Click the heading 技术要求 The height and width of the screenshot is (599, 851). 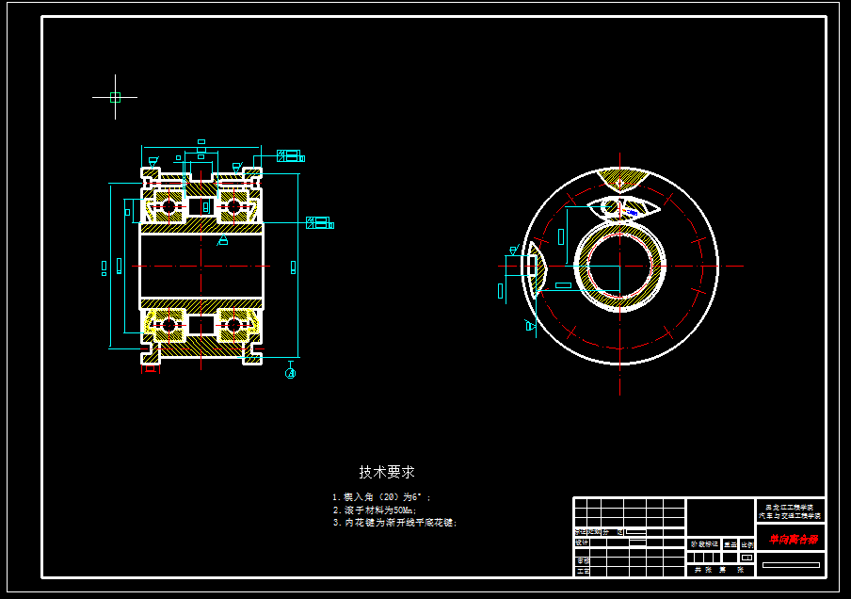[x=387, y=472]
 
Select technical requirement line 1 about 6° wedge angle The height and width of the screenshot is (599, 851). [x=380, y=496]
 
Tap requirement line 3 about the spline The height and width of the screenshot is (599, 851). [x=394, y=522]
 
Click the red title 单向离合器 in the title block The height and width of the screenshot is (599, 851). [x=792, y=540]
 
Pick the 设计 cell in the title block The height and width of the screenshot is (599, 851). [x=582, y=542]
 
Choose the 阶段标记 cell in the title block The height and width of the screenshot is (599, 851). [x=704, y=543]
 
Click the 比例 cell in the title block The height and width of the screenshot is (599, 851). [x=747, y=543]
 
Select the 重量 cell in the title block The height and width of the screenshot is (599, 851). [x=729, y=543]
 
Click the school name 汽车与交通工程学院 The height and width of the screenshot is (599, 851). [x=791, y=516]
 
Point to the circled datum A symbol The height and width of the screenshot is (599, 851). [x=291, y=373]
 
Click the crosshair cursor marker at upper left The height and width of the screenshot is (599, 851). [x=115, y=97]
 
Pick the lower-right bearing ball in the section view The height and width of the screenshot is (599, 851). [x=233, y=326]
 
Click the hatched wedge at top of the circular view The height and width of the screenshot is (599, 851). [x=621, y=179]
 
